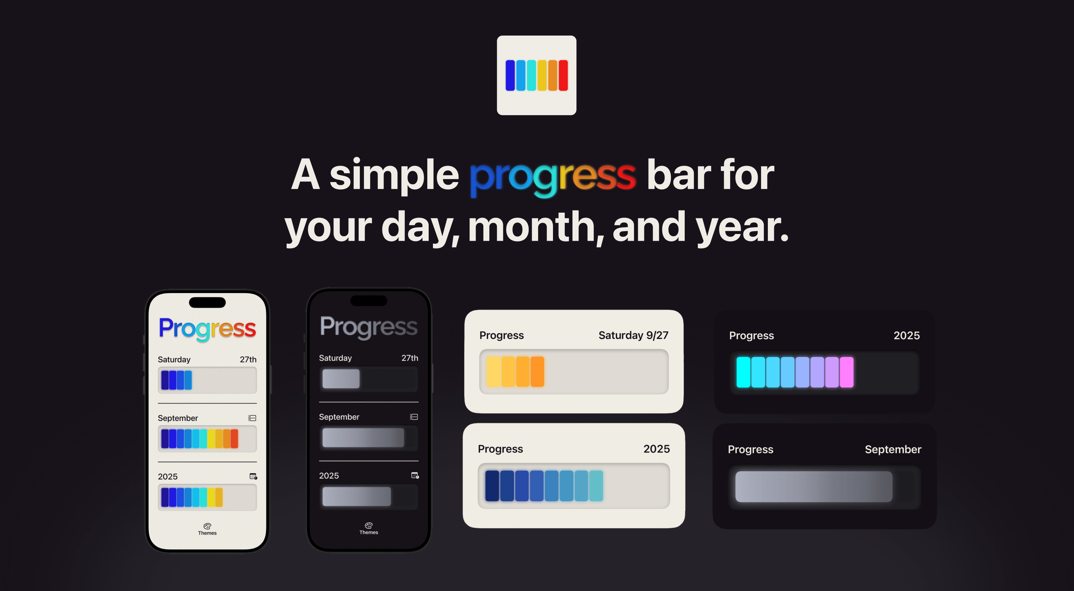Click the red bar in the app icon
563,75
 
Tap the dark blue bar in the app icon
510,75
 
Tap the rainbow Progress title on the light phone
207,329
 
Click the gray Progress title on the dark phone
369,327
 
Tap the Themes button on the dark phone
369,528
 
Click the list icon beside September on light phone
252,418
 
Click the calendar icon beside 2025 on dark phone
415,475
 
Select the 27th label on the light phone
248,360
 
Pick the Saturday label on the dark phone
335,358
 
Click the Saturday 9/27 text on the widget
633,335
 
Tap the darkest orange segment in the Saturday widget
537,372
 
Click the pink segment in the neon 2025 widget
846,372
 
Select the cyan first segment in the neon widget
743,372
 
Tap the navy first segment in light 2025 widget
492,486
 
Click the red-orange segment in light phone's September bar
234,439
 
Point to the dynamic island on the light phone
207,302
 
